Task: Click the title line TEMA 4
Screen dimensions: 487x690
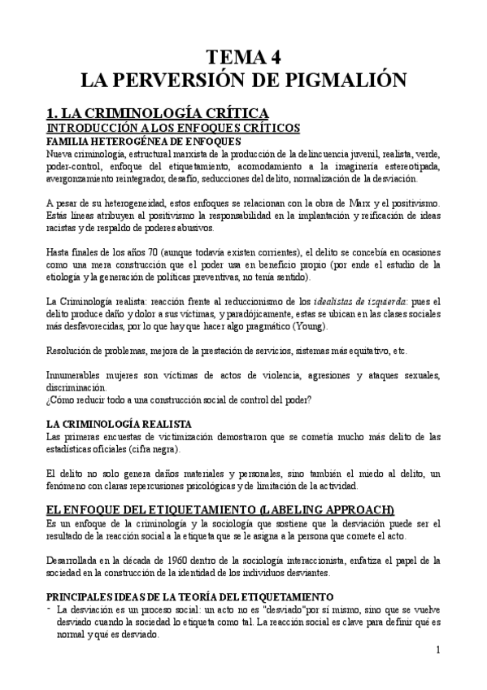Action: pos(243,57)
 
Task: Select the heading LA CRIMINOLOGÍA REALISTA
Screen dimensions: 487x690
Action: pos(120,425)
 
